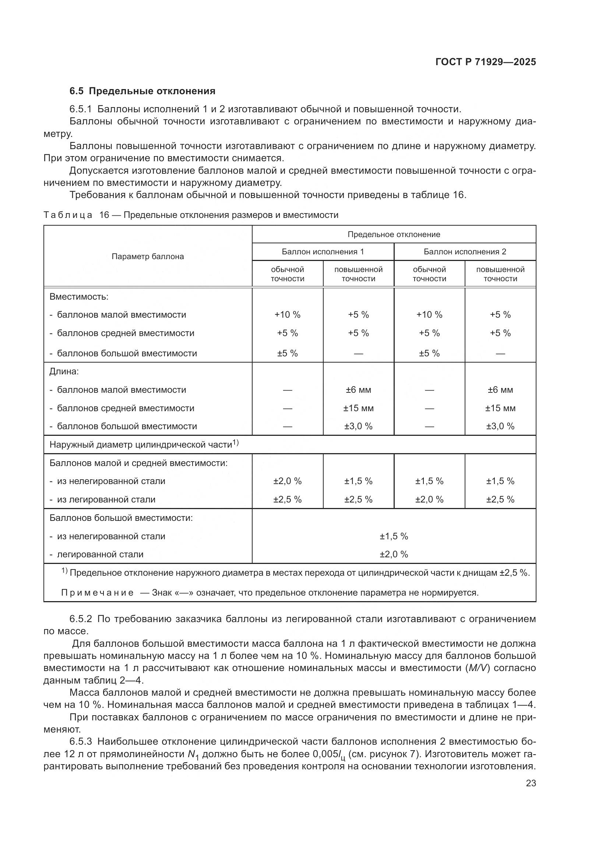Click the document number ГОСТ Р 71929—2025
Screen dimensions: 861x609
pos(486,62)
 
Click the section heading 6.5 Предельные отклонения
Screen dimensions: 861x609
pos(142,91)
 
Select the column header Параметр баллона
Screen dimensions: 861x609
pos(148,257)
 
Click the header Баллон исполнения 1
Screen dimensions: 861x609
pos(323,252)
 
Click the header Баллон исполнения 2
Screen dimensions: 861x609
pos(465,252)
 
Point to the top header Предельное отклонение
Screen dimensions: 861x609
pos(394,234)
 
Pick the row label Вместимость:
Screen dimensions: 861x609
pos(79,297)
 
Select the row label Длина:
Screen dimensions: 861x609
pos(64,372)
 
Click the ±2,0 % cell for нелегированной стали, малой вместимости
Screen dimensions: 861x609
pos(287,481)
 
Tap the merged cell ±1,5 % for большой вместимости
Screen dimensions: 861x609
pos(394,536)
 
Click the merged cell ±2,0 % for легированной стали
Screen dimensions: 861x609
pos(394,554)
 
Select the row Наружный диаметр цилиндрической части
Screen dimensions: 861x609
pos(144,445)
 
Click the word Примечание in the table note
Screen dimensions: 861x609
pos(97,593)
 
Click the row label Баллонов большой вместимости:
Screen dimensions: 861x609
pos(121,518)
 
